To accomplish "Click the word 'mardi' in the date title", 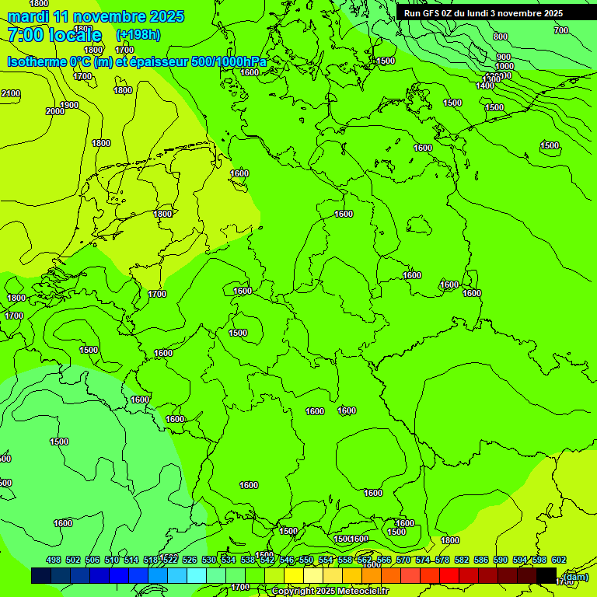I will coord(28,17).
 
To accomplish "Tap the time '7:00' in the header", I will coord(26,35).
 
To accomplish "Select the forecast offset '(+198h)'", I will coord(138,35).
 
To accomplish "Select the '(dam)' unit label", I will coord(575,576).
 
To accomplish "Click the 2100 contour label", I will coord(11,93).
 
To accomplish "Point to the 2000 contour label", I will coord(55,111).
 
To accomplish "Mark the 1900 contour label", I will coord(69,105).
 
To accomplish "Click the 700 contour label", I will coord(560,30).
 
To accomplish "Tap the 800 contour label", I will coord(501,37).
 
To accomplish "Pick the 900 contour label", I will coord(504,57).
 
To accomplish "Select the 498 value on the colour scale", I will coord(54,560).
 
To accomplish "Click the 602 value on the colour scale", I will coord(559,560).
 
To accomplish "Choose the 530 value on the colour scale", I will coord(209,560).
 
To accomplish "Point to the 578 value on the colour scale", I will coord(442,560).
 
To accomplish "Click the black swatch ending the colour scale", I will coord(546,575).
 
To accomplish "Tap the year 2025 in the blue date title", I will coord(167,17).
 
